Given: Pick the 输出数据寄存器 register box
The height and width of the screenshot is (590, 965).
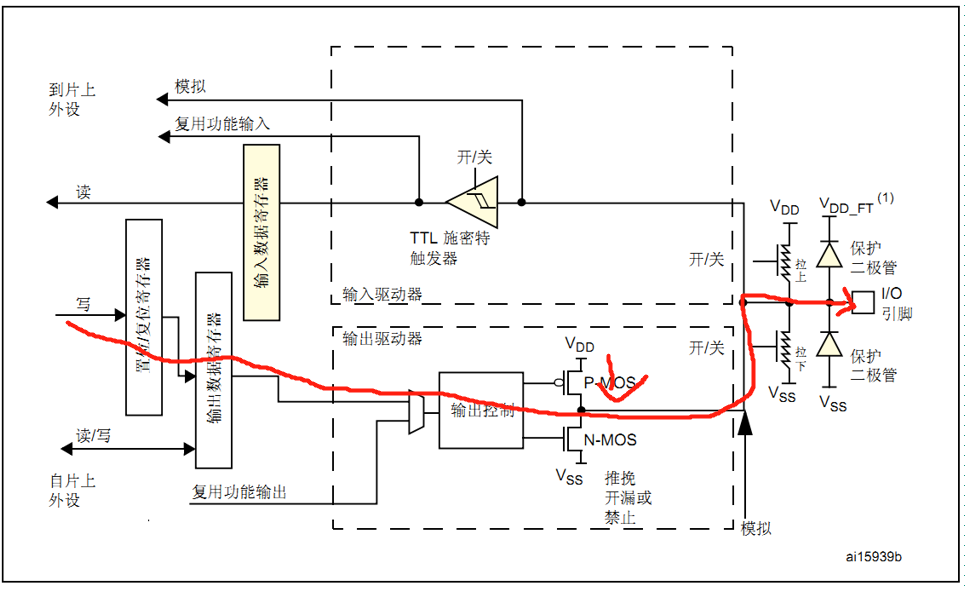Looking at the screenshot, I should [212, 369].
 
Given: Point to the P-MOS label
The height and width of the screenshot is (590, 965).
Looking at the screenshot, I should [610, 382].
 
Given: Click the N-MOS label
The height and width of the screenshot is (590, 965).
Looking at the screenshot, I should [610, 439].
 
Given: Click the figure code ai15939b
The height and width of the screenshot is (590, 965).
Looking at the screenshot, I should [880, 555].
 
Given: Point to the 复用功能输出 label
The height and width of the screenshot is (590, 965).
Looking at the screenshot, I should [239, 492].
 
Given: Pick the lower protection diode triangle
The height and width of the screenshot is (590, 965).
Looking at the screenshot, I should [828, 345].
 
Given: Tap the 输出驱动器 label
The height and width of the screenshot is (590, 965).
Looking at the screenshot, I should [382, 338].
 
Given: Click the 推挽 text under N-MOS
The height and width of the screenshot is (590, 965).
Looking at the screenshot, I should [621, 478].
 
